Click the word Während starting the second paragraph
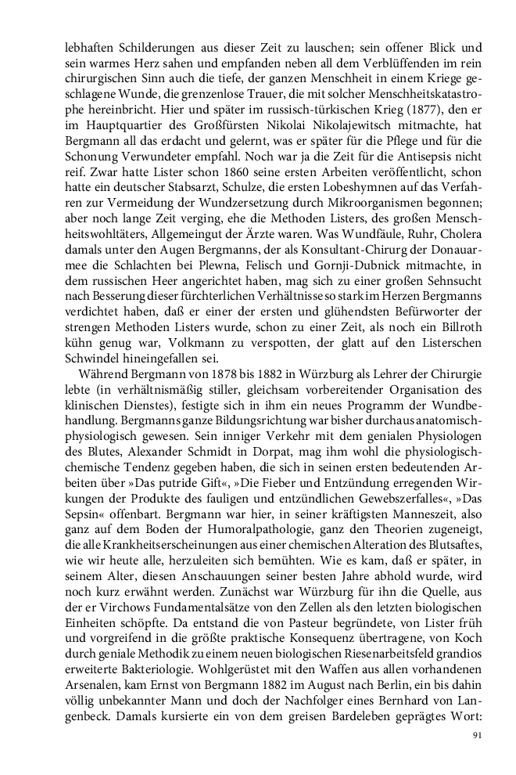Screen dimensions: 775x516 (x=102, y=405)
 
